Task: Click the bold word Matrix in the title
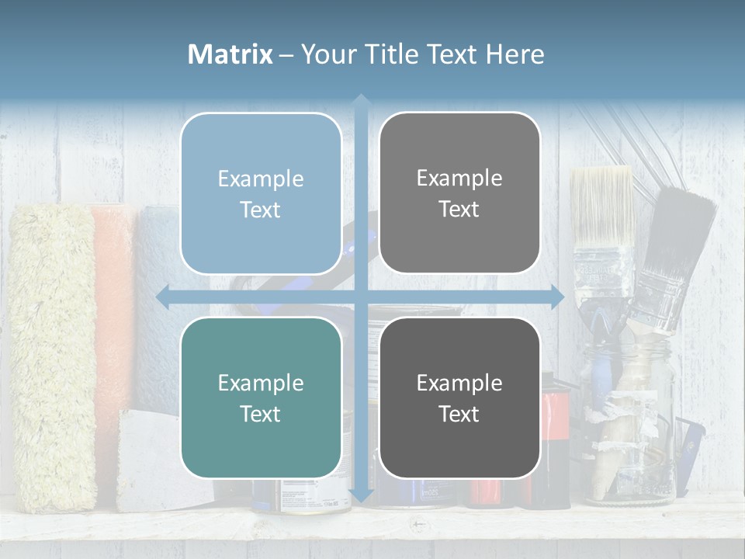pos(230,54)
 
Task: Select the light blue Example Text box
pos(261,193)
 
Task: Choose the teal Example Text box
pos(261,398)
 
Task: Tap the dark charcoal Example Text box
pos(459,398)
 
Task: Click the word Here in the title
pos(515,54)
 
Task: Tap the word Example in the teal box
pos(261,383)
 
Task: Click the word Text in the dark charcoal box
pos(459,414)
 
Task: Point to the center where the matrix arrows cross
pos(361,297)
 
